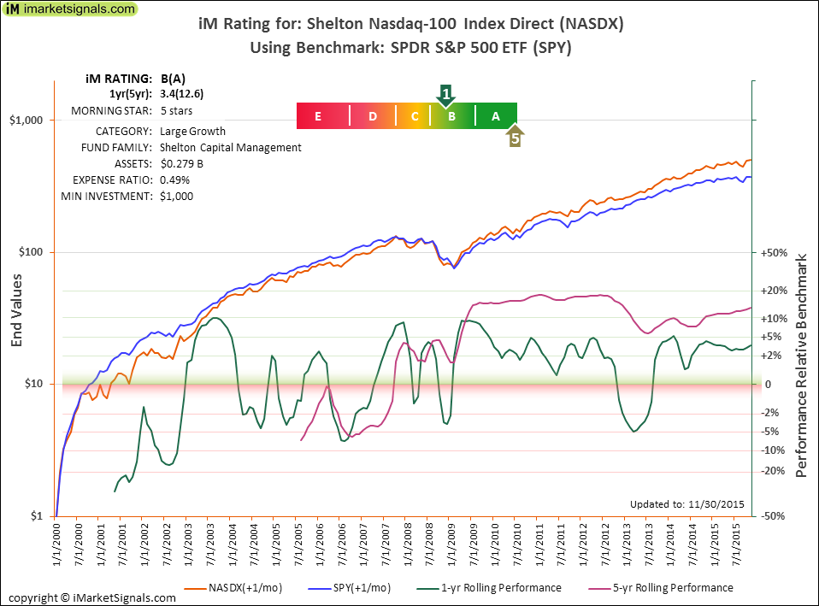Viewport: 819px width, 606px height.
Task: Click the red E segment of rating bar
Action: (318, 116)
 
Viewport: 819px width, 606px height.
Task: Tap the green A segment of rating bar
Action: (495, 116)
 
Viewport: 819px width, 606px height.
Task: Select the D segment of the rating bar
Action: (373, 116)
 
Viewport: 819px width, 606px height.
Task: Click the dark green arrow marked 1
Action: (445, 94)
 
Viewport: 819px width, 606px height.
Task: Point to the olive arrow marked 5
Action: (515, 137)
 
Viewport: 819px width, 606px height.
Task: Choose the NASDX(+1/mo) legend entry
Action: (235, 588)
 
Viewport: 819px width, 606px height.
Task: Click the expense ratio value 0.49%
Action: (174, 179)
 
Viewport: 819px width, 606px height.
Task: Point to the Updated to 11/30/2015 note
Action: (686, 503)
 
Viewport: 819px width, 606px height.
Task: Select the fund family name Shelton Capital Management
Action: (230, 147)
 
